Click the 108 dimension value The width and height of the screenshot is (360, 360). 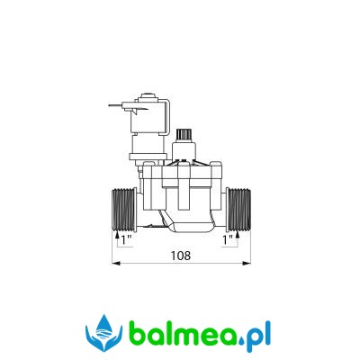181,256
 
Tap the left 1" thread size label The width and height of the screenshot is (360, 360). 127,240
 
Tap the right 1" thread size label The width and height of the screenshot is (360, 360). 228,240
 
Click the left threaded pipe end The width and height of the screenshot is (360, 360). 124,210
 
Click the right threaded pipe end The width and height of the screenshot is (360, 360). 238,210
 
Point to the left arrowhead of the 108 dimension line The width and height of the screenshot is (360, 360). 116,264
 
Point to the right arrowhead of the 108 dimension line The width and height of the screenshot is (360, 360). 247,264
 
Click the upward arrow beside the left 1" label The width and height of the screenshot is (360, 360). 117,239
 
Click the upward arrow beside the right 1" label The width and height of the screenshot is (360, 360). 238,239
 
